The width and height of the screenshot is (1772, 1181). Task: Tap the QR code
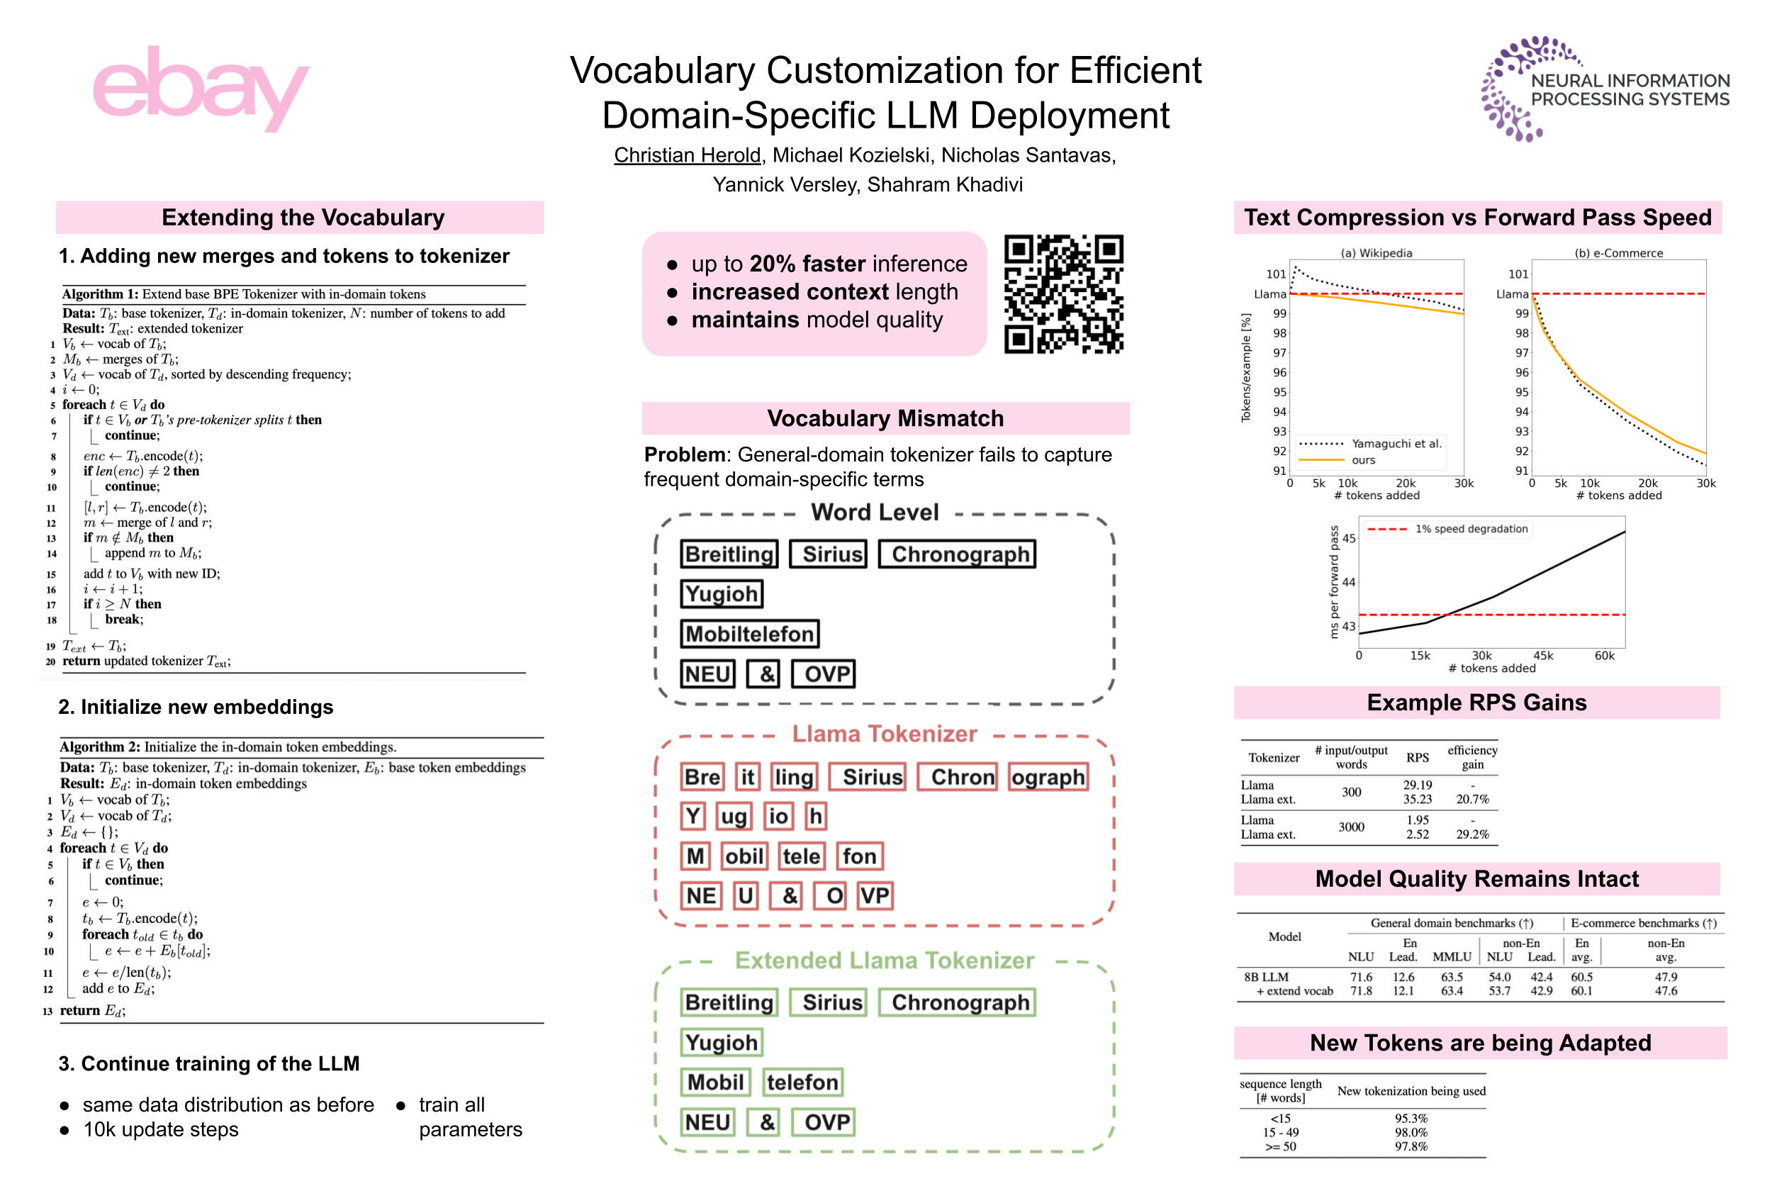(1062, 293)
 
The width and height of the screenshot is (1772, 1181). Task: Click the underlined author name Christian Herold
(687, 155)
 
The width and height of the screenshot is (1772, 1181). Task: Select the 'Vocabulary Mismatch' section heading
(885, 418)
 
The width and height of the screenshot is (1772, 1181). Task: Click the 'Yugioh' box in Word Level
(722, 593)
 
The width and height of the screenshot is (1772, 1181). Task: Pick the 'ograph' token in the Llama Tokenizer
(1048, 776)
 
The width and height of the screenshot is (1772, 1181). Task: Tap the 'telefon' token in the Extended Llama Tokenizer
(802, 1082)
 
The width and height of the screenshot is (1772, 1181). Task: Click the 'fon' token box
(858, 856)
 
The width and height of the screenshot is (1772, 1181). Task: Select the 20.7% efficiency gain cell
(1471, 799)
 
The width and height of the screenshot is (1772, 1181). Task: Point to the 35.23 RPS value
(1417, 799)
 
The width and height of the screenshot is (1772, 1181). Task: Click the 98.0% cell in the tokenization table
(1411, 1132)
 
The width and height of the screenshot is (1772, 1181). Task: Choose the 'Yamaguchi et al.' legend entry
(1396, 444)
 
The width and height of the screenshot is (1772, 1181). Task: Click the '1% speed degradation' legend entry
(1471, 529)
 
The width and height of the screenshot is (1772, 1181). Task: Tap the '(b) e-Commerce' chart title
(1617, 253)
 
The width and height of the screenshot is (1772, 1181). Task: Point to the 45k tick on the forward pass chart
(1543, 655)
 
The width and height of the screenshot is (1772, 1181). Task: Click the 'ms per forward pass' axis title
(1334, 581)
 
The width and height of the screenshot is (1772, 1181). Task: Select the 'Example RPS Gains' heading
(1476, 703)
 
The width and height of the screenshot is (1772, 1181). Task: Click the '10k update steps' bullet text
(160, 1130)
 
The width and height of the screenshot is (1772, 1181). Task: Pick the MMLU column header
(1451, 956)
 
